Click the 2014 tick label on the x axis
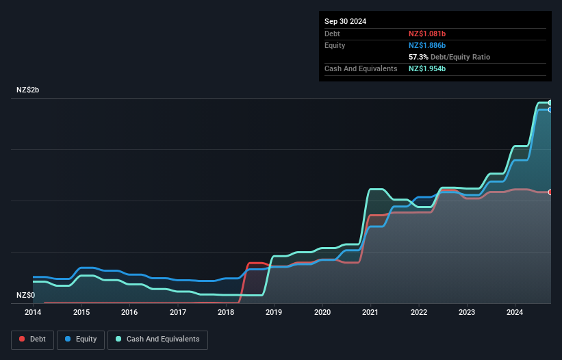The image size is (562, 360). [33, 313]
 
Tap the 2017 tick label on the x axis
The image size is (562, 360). [178, 313]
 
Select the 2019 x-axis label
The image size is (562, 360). [274, 313]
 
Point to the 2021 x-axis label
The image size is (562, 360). [370, 313]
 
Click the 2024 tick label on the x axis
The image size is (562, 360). [515, 313]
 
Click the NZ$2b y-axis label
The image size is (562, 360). [28, 90]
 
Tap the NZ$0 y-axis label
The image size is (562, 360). [26, 295]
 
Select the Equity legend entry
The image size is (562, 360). [81, 339]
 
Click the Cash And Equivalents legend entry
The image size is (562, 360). [157, 339]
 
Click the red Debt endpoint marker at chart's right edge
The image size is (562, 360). [550, 192]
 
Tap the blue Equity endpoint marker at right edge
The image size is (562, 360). [550, 110]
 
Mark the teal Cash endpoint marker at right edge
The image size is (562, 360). [550, 103]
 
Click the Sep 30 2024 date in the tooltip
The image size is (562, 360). [346, 21]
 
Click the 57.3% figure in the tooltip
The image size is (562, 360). [419, 57]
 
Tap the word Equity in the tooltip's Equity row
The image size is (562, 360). [335, 45]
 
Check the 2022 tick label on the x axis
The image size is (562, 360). [419, 313]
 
